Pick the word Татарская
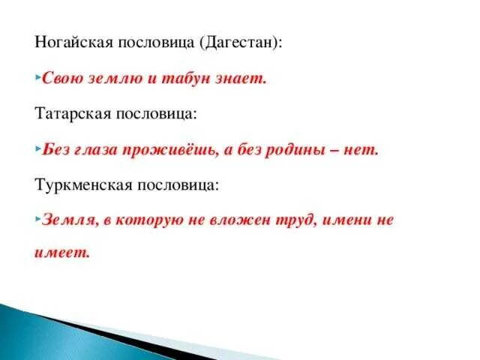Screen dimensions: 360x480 (72, 113)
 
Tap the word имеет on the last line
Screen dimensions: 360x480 (61, 252)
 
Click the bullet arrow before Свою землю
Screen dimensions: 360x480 (37, 77)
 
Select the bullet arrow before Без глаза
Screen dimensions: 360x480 (37, 148)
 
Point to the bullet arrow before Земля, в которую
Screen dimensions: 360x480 (37, 220)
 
